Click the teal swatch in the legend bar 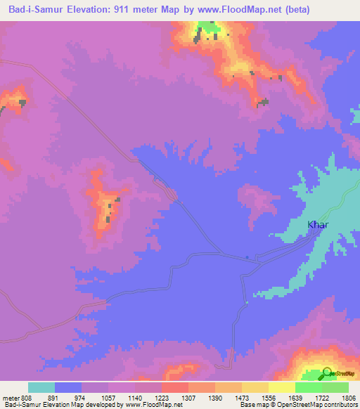tap(41, 387)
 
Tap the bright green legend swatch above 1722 tap(308, 387)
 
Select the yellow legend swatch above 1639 tap(281, 387)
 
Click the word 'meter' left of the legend tap(10, 398)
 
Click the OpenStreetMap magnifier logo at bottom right tap(328, 374)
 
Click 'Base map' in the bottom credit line tap(250, 405)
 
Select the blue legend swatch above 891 tap(67, 387)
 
